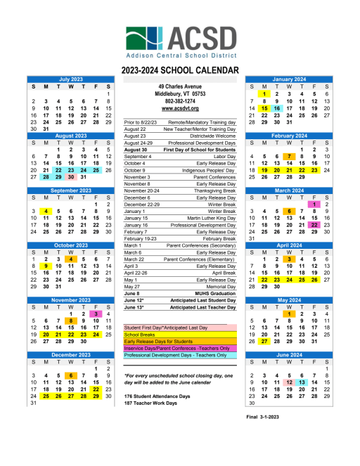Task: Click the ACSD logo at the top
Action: click(179, 41)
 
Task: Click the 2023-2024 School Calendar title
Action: click(179, 70)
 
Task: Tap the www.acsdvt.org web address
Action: click(179, 108)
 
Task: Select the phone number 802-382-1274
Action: click(179, 101)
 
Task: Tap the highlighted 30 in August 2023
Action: click(71, 177)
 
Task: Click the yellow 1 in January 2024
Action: click(262, 93)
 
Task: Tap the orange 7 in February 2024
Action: click(288, 157)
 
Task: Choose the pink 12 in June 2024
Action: click(288, 381)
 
